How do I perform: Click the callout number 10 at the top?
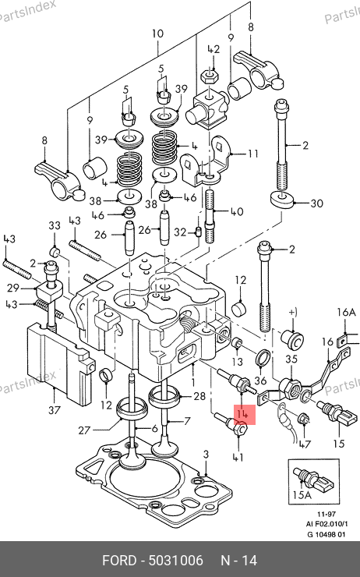pyautogui.click(x=157, y=34)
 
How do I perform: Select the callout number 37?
pyautogui.click(x=54, y=409)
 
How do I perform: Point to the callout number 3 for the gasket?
pyautogui.click(x=206, y=455)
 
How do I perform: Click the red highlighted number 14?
pyautogui.click(x=242, y=414)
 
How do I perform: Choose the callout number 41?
pyautogui.click(x=238, y=458)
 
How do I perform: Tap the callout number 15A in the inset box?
pyautogui.click(x=302, y=495)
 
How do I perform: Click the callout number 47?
pyautogui.click(x=305, y=444)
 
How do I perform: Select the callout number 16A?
pyautogui.click(x=347, y=313)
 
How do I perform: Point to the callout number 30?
pyautogui.click(x=316, y=204)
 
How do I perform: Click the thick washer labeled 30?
pyautogui.click(x=282, y=199)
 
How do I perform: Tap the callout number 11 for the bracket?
pyautogui.click(x=253, y=153)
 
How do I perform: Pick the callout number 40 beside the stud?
pyautogui.click(x=237, y=211)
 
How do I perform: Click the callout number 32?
pyautogui.click(x=180, y=232)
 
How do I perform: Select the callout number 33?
pyautogui.click(x=55, y=225)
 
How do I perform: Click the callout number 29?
pyautogui.click(x=13, y=288)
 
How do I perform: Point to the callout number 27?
pyautogui.click(x=84, y=430)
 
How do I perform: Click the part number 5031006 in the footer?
pyautogui.click(x=175, y=561)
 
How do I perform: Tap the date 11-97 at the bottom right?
pyautogui.click(x=326, y=514)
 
